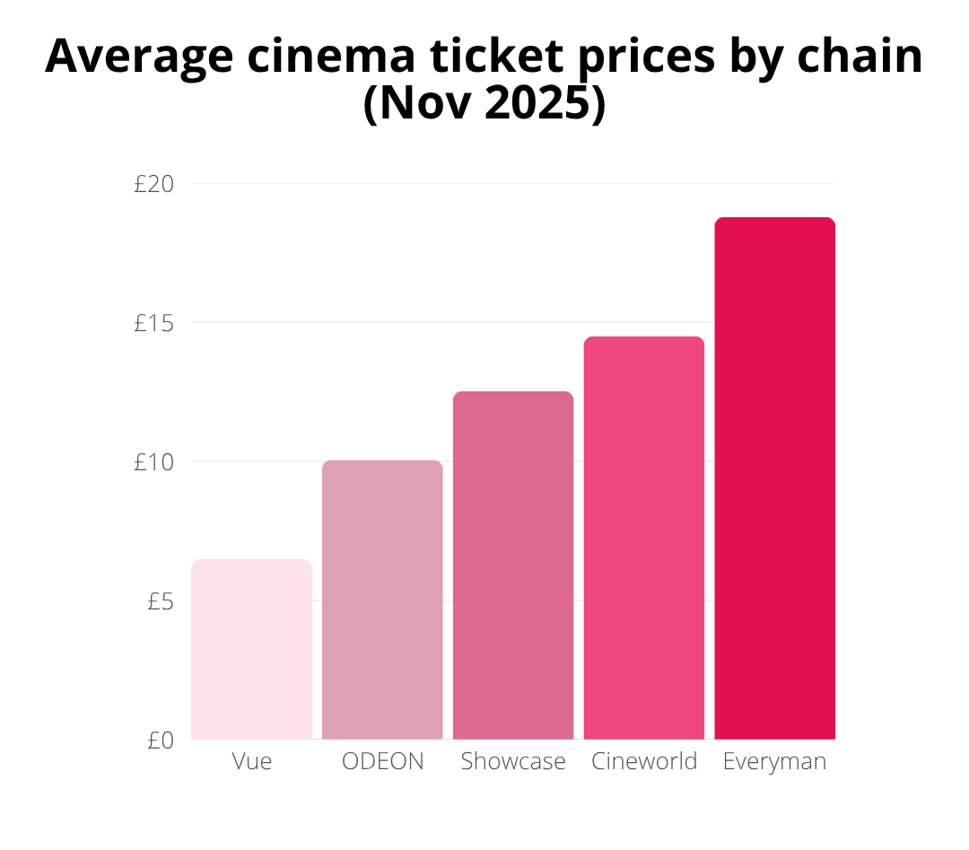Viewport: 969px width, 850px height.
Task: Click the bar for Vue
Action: pos(251,649)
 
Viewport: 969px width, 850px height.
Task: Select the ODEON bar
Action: pos(382,600)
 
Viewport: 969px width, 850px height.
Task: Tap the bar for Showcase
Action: pos(513,565)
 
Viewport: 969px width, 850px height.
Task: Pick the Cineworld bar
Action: pos(644,538)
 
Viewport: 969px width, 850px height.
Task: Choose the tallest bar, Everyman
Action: pos(775,478)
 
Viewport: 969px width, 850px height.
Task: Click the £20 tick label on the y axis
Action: pos(153,184)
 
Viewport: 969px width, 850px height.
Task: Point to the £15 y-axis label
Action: pos(153,323)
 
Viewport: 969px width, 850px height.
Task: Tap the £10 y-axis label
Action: pos(153,462)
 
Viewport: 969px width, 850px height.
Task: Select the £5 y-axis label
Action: pos(160,601)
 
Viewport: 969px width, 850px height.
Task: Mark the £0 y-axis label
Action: pos(160,740)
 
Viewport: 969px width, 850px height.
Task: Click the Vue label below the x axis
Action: pos(251,762)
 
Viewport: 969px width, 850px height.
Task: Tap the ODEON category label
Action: pos(382,762)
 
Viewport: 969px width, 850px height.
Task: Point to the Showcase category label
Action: pos(513,762)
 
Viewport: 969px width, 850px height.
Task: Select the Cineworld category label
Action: pos(644,762)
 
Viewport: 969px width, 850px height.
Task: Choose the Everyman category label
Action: pos(775,762)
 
